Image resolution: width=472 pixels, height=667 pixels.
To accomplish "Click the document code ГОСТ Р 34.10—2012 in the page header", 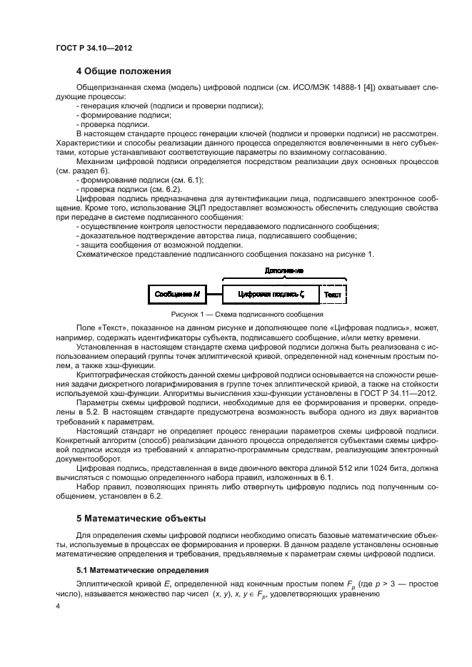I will [x=94, y=48].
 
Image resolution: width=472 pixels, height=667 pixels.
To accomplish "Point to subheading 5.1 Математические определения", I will [x=142, y=571].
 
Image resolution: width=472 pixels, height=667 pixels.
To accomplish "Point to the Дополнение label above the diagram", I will [x=283, y=272].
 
